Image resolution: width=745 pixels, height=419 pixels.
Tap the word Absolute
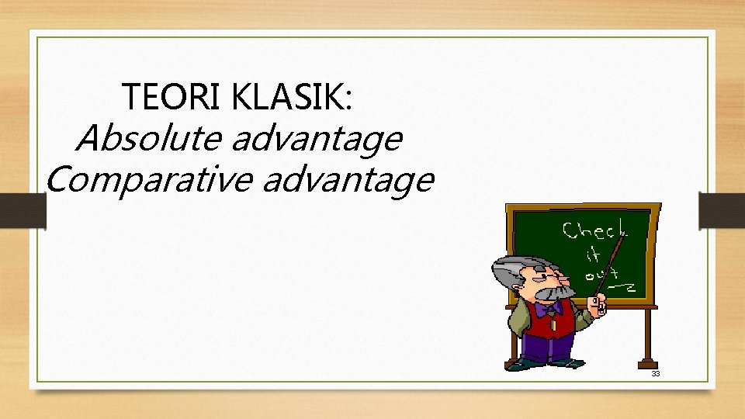[x=147, y=139]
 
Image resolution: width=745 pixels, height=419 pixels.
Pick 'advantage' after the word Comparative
[x=348, y=181]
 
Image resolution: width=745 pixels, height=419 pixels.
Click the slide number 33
[x=655, y=374]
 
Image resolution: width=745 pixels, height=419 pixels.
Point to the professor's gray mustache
[x=553, y=293]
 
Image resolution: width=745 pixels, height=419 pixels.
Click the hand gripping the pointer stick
[x=598, y=305]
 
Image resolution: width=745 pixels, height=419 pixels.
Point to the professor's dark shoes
[x=547, y=363]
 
